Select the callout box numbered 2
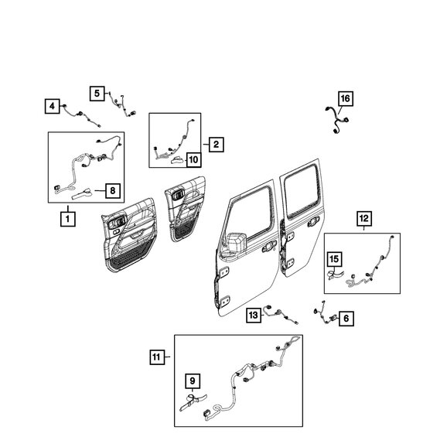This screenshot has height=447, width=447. pos(214,144)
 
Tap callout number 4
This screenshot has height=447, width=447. pos(51,105)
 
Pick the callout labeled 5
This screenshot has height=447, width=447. pos(97,94)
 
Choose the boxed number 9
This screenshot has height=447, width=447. pos(193,380)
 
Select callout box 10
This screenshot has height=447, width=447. pos(193,160)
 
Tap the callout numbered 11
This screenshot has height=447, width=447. pos(157,357)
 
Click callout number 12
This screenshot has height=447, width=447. pos(363,218)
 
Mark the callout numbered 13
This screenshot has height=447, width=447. pos(253,314)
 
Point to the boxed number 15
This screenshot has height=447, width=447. pos(334,258)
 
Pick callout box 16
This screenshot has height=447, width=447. pos(345,98)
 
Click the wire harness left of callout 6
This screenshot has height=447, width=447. pos(322,314)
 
